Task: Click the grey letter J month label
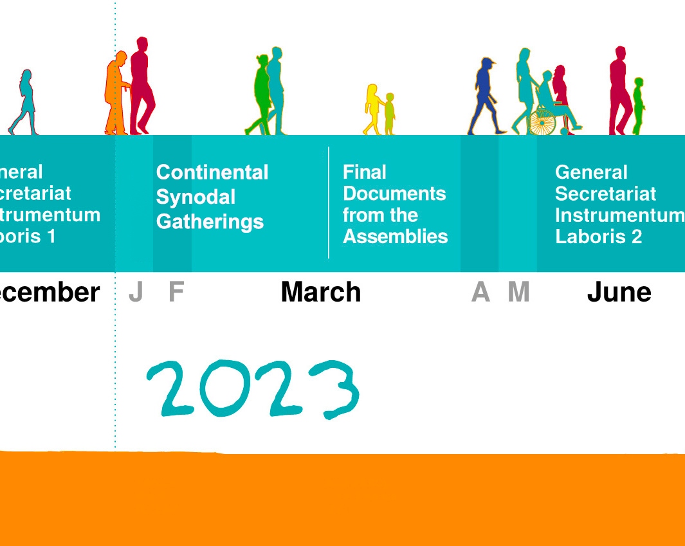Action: tap(136, 293)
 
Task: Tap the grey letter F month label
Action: tap(176, 293)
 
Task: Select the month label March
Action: tap(321, 293)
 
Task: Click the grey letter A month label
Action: tap(480, 293)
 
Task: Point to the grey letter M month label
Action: tap(518, 293)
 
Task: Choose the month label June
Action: tap(619, 293)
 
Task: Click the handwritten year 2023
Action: tap(253, 388)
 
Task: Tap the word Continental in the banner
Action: tap(212, 172)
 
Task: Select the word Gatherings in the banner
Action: tap(210, 222)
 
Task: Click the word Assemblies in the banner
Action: tap(395, 237)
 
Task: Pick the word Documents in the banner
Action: tap(394, 194)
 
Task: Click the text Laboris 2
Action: tap(598, 237)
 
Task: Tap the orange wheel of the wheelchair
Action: tap(542, 122)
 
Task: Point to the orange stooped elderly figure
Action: tap(115, 93)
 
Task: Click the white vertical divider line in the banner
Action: tap(329, 203)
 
